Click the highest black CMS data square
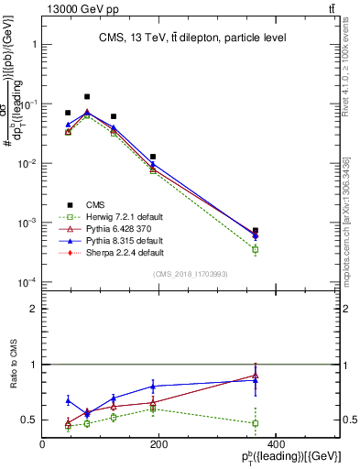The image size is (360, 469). (87, 96)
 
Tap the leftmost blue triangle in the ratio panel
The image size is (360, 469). (68, 400)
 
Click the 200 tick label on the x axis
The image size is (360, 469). (158, 444)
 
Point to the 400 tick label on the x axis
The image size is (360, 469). (275, 444)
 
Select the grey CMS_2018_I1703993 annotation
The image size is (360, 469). (190, 274)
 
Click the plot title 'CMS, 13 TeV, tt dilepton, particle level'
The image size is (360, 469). (190, 38)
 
